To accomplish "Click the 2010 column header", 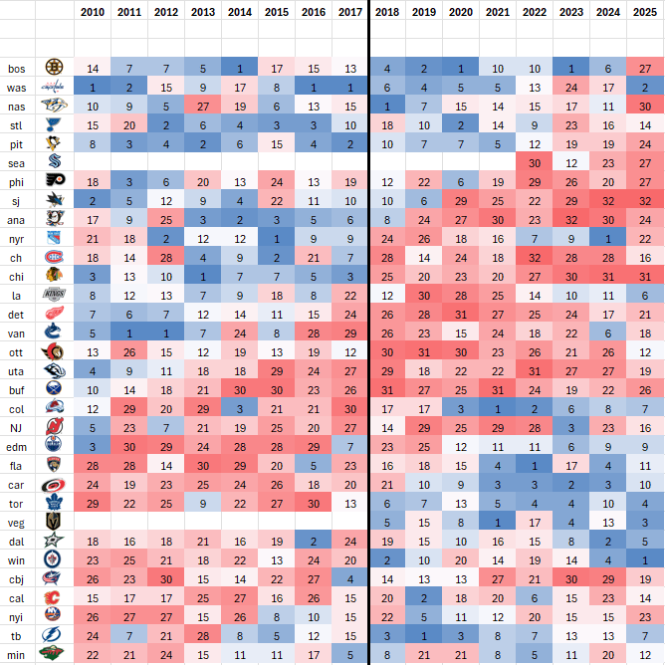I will pos(93,12).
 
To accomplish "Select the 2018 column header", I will pos(388,12).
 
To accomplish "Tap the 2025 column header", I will pos(645,12).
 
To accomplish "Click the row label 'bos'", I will pos(17,68).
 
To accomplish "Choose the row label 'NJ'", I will pos(17,425).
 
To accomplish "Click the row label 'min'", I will pos(17,652).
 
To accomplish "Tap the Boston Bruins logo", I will pos(54,68).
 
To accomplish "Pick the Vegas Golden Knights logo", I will pos(54,520).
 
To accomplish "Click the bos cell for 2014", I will pos(239,68).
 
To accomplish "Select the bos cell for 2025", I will pos(645,68).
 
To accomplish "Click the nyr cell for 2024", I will pos(608,238).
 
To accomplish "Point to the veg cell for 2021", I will pos(498,520).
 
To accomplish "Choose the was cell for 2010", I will pos(93,87).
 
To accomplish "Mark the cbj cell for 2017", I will pos(349,576).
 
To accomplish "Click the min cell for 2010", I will pos(93,652).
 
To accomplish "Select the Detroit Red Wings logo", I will pos(54,313).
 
